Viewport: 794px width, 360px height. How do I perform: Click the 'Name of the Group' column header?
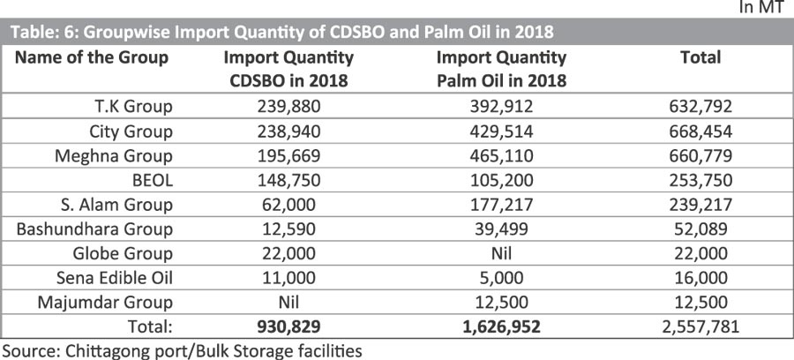click(92, 57)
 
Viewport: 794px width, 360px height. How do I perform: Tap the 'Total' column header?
click(700, 57)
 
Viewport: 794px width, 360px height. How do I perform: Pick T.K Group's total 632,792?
click(699, 107)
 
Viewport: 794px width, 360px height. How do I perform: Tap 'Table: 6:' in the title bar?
click(41, 34)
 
